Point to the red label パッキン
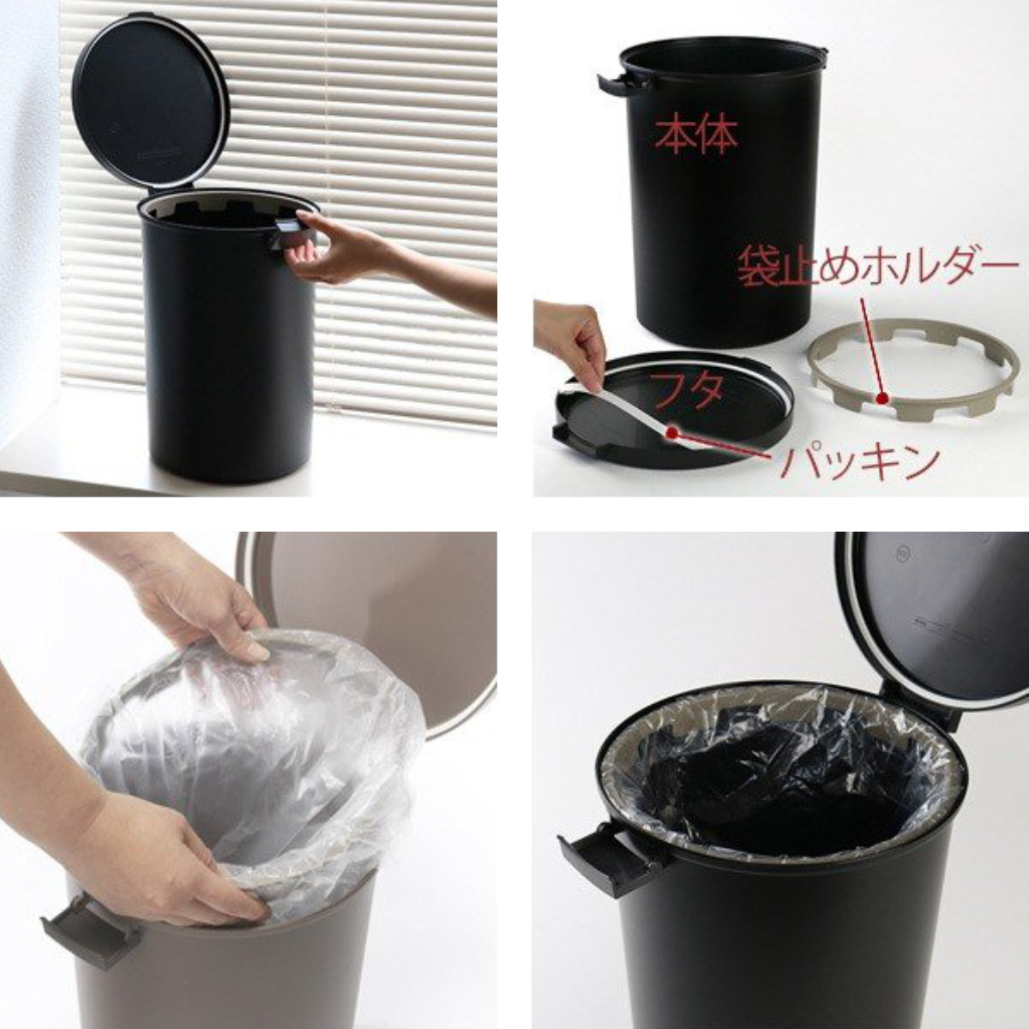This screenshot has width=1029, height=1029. pyautogui.click(x=857, y=463)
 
